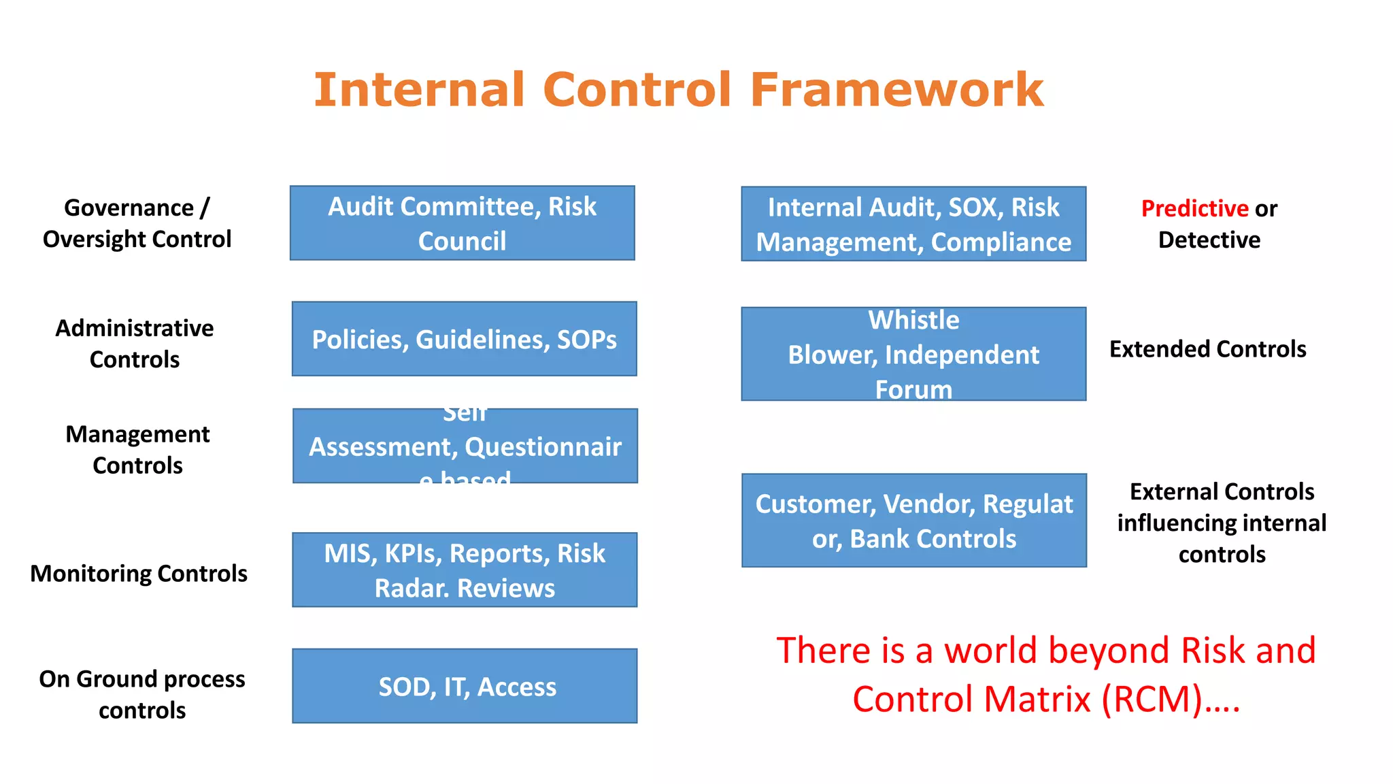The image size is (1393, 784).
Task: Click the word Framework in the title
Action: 896,90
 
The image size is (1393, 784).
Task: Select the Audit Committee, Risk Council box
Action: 463,223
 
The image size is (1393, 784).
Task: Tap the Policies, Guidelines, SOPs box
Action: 465,339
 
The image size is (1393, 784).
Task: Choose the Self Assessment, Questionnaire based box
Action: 465,446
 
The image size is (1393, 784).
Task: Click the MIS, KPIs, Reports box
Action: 465,570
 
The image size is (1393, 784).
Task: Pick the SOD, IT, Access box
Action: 465,686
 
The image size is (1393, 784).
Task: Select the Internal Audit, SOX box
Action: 913,224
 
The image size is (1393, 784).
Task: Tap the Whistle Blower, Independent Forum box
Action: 913,354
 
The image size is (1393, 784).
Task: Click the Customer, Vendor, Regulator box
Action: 913,521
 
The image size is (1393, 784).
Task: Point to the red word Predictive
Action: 1194,208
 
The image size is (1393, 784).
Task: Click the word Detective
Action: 1209,240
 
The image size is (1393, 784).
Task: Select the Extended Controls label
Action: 1207,349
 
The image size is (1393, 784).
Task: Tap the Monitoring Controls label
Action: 139,574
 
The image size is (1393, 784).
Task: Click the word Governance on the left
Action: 129,208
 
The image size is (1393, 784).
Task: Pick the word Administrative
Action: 135,328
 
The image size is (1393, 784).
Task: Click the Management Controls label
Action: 137,450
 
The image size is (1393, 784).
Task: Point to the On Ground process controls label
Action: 142,694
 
